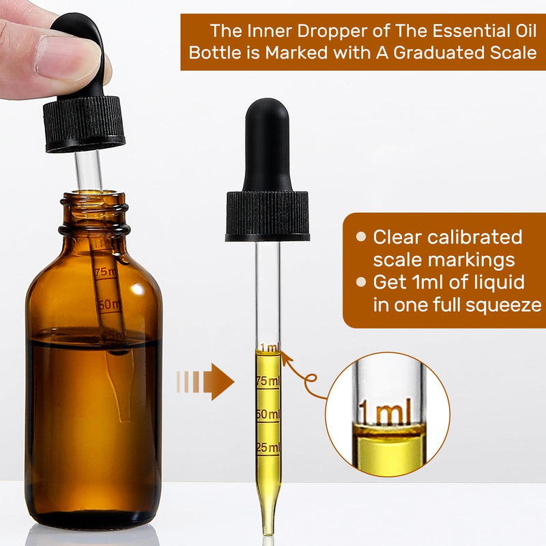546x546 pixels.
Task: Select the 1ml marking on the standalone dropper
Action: (269, 348)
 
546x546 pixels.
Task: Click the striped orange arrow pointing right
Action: (205, 381)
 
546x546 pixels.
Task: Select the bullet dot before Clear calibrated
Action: (360, 238)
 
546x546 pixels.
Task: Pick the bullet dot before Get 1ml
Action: (360, 282)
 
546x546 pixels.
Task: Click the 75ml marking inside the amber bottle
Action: (106, 272)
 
